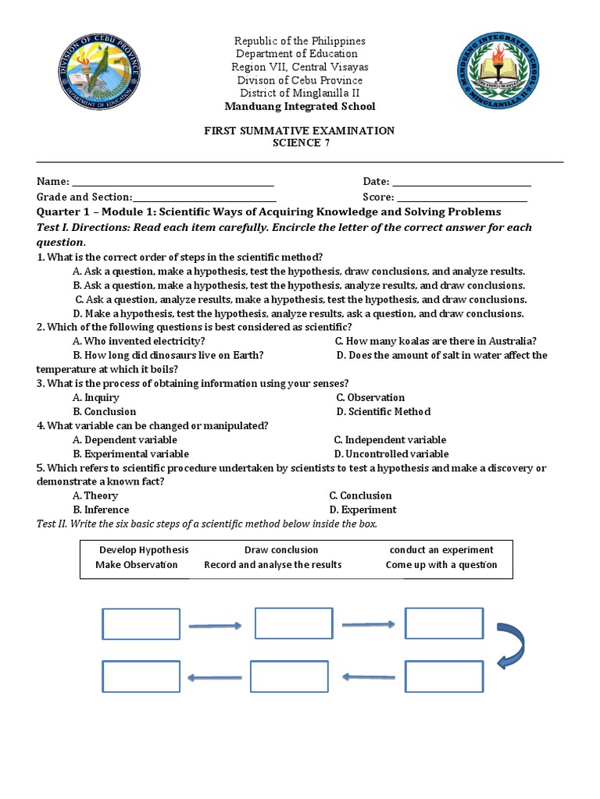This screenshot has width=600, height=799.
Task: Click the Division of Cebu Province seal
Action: tap(101, 76)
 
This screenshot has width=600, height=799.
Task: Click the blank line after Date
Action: tap(461, 182)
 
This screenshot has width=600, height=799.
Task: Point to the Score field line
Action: tap(462, 198)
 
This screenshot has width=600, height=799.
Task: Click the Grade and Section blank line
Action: tap(204, 198)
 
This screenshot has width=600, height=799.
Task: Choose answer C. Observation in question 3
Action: tap(370, 397)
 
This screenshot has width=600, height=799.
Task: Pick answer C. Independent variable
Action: tap(390, 440)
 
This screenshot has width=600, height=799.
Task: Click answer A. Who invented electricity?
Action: tap(139, 341)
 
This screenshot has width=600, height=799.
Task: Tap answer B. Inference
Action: tap(101, 510)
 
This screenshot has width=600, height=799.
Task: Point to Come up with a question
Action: tap(441, 565)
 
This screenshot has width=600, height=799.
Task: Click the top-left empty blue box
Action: tap(141, 623)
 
